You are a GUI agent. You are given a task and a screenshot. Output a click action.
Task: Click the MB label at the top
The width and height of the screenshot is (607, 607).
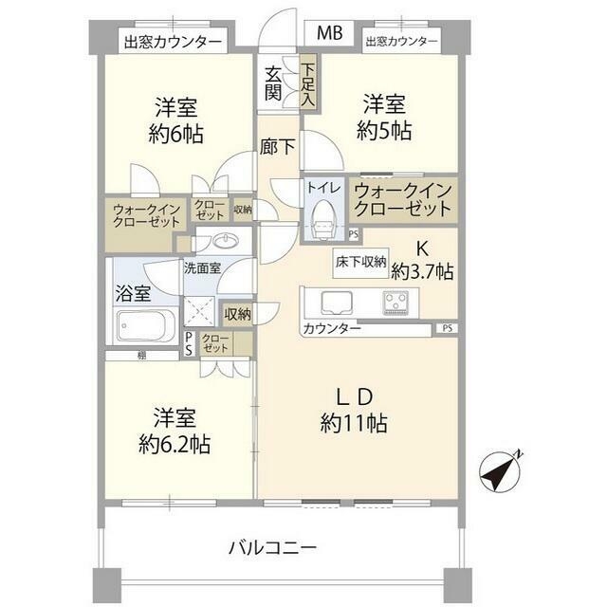329,33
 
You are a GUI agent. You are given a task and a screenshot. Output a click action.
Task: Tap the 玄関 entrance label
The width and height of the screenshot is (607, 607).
273,83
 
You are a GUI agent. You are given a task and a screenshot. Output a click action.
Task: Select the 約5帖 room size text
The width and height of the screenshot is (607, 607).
384,132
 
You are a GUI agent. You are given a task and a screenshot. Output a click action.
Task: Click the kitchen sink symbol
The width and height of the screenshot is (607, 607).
336,303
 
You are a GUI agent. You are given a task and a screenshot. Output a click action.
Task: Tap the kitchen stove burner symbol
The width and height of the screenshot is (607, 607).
395,303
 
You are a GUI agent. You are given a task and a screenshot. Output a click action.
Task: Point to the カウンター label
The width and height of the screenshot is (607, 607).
332,329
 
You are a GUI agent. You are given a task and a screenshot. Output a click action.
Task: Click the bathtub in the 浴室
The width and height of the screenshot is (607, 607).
144,329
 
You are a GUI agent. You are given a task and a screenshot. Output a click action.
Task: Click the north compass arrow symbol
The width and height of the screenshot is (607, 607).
503,469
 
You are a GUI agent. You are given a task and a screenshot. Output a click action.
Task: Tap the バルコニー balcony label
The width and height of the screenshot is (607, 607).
274,547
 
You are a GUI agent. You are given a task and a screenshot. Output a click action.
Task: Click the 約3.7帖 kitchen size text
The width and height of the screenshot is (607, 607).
421,272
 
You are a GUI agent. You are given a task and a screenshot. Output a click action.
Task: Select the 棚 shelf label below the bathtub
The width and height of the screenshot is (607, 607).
140,355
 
